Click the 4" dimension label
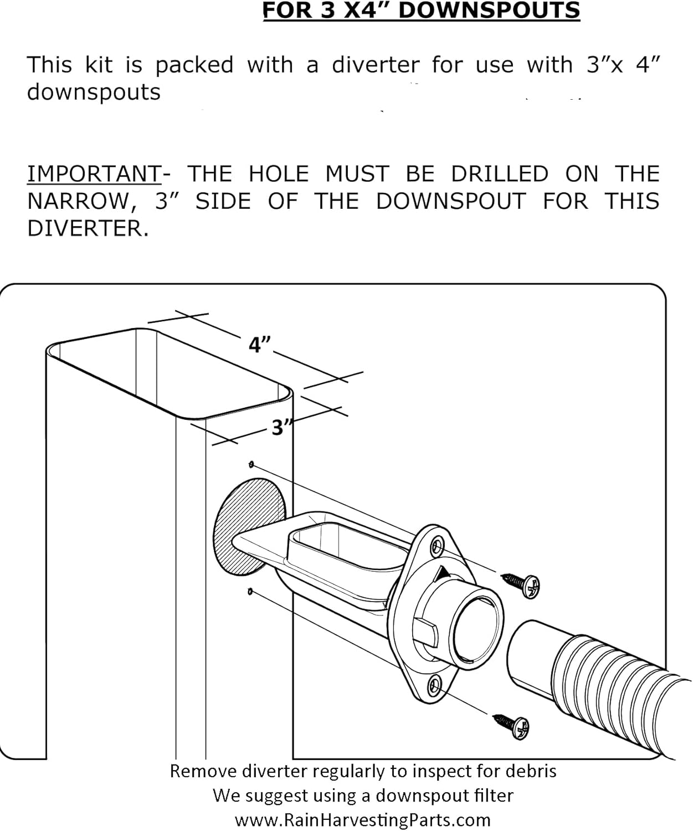[x=259, y=345]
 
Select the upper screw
[x=522, y=584]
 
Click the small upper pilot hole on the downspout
[x=252, y=464]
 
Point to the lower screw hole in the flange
[x=435, y=685]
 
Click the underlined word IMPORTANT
[x=94, y=174]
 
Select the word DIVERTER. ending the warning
[x=88, y=228]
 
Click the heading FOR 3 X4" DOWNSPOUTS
[x=421, y=11]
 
